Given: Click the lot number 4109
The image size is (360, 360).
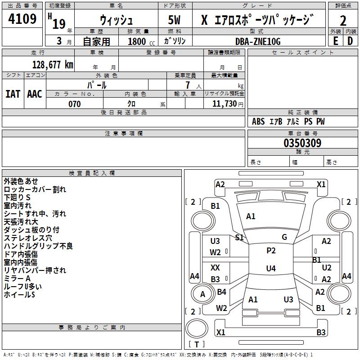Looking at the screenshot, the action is pos(22,18).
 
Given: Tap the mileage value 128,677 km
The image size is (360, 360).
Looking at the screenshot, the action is pos(53,65).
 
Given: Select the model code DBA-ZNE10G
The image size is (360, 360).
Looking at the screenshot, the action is pos(258,41).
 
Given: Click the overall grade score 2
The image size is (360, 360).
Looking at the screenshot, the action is pos(343,21).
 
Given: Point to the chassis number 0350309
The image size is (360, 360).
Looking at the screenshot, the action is pos(302,143).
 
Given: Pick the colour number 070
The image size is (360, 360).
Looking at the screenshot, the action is pos(75,104).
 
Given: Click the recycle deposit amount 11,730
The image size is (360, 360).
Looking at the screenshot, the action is pos(224,103).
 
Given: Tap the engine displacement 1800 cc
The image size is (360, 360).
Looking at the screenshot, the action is pos(141,41).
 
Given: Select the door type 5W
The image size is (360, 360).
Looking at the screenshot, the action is pos(174,20).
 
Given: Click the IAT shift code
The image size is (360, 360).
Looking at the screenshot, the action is pos(13,94).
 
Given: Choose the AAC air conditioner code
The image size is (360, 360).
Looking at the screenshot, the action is pos(35,94).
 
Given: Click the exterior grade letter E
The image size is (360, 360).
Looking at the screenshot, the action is pos(335,41).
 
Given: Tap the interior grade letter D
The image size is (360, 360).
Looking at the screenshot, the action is pos(350,41).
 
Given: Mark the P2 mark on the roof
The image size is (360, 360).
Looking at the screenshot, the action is pos(271,251).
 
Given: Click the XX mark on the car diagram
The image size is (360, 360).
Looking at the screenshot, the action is pos(215,267).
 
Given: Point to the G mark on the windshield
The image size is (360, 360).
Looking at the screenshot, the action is pos(284,237).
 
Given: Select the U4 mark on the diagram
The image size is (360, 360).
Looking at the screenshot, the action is pos(271,268).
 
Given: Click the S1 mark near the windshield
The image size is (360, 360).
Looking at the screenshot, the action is pos(239,237).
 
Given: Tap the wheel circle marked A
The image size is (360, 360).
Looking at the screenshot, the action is pos(202,294).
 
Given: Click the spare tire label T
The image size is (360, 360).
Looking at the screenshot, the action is pos(197,344).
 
